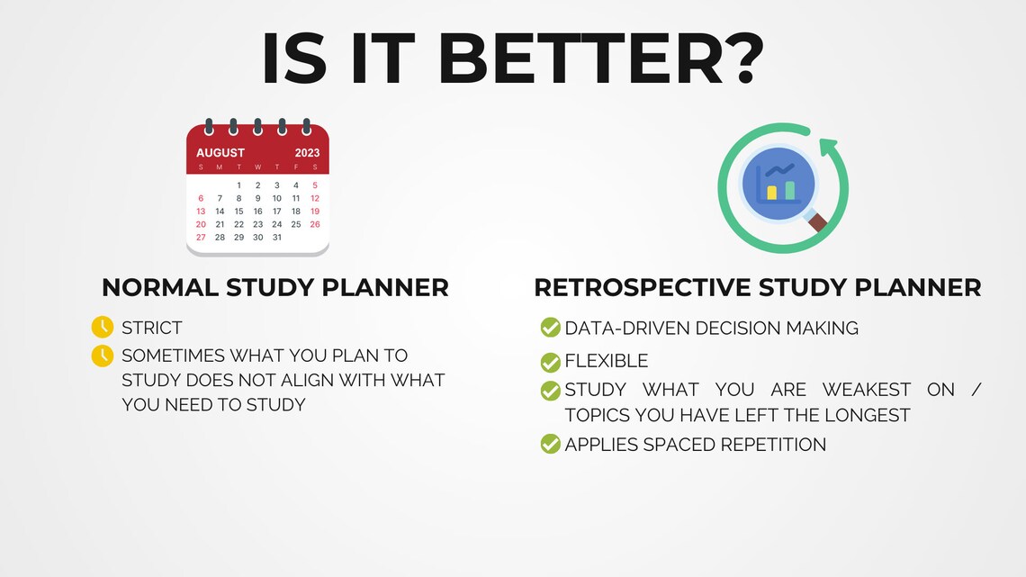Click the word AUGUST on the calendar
220,153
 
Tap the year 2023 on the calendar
307,153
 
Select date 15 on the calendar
238,212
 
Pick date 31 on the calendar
276,238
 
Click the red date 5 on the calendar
315,185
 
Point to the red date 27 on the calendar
201,238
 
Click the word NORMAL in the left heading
159,287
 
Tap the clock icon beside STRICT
103,327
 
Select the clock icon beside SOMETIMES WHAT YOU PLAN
103,356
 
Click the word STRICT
152,328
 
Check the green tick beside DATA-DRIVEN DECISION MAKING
550,328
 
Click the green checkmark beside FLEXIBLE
550,362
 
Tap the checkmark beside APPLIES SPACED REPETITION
550,444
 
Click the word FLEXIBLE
607,362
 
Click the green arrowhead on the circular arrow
827,146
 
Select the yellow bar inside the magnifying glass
771,193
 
